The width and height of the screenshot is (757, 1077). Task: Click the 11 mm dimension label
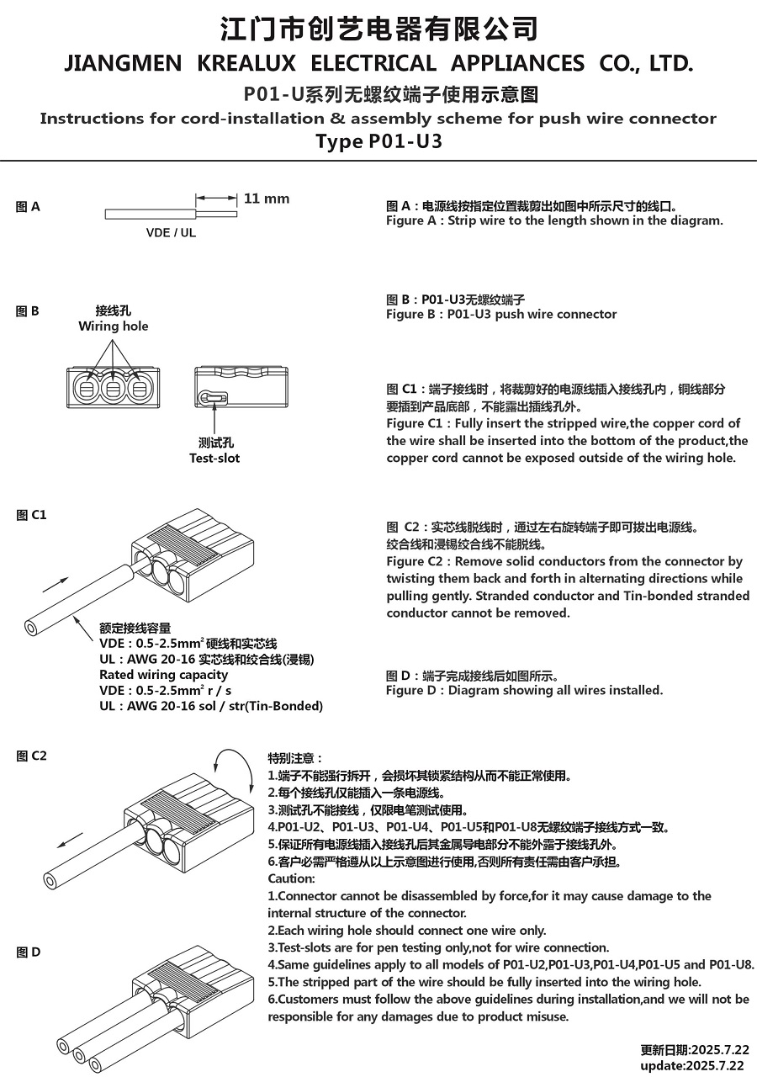tap(266, 199)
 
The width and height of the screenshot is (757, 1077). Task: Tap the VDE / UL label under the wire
tap(171, 233)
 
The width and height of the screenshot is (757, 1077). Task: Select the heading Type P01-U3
tap(378, 141)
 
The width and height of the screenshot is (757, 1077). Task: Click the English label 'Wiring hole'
tap(114, 326)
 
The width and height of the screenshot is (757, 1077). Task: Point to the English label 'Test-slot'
tap(214, 459)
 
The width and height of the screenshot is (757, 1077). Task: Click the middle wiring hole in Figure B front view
tap(111, 390)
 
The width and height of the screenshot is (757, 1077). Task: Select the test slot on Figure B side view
tap(211, 398)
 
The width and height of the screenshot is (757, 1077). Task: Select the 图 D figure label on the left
tap(28, 952)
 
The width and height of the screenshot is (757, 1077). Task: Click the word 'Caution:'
tap(291, 878)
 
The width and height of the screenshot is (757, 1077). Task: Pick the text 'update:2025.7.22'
tap(692, 1065)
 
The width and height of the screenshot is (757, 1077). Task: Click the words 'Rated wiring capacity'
tap(163, 675)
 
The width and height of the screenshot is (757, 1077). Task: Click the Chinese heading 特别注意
tap(294, 758)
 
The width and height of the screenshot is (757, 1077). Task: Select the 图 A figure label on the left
tap(28, 207)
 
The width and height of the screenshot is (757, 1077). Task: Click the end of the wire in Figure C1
tap(33, 627)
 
